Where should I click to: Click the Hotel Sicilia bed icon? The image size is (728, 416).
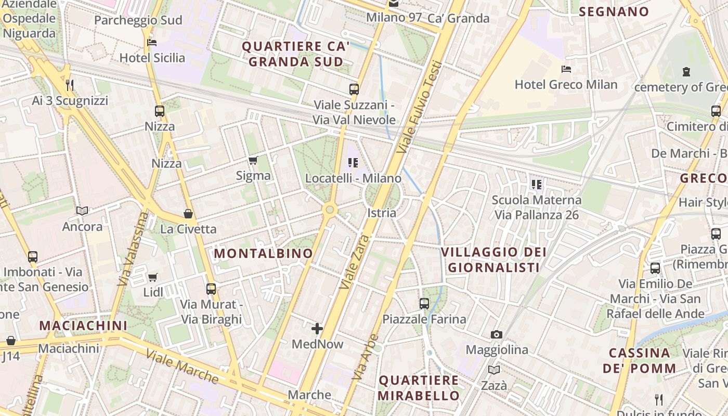click(x=152, y=42)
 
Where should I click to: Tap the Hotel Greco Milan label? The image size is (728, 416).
click(x=566, y=84)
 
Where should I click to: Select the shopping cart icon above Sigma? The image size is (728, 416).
click(x=253, y=160)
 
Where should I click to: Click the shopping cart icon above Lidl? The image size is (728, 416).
click(x=153, y=277)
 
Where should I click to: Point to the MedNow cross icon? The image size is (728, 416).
click(x=317, y=329)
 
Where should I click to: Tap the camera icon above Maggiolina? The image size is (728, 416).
click(x=497, y=334)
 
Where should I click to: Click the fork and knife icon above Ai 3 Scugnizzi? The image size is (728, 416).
click(x=70, y=85)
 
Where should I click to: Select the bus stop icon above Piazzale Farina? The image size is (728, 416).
click(x=424, y=303)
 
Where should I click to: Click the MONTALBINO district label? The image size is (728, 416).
click(x=264, y=253)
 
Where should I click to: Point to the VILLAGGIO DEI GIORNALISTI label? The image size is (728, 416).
click(x=493, y=260)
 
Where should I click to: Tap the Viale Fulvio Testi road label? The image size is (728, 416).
click(x=420, y=107)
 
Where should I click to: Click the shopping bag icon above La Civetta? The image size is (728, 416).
click(x=188, y=214)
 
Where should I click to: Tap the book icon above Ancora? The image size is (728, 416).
click(x=82, y=211)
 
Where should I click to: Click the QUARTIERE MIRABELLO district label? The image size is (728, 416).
click(x=419, y=387)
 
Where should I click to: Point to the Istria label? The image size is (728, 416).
click(x=382, y=213)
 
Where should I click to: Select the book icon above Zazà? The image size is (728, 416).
click(x=494, y=370)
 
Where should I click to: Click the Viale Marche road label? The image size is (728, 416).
click(x=182, y=366)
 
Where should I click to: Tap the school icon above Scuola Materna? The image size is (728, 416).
click(x=537, y=184)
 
